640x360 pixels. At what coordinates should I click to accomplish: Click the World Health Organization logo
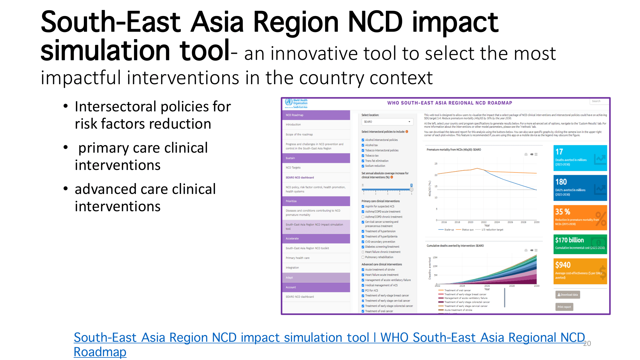tap(296, 103)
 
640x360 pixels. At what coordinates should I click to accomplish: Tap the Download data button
tap(567, 295)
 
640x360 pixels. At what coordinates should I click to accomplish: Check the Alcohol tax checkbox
tap(363, 145)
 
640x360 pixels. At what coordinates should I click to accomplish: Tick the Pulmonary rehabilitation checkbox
tap(363, 257)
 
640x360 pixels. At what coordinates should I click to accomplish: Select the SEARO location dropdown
tap(387, 122)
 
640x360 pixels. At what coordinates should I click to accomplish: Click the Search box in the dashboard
tap(599, 101)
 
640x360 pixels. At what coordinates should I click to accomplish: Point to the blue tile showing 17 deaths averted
tap(580, 158)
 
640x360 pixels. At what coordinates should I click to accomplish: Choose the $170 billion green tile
tap(580, 244)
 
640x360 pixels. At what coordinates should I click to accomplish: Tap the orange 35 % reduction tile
tap(580, 218)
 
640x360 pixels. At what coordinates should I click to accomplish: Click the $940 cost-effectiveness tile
tap(580, 271)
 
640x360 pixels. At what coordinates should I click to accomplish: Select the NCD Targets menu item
tap(293, 168)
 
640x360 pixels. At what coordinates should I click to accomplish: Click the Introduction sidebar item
tap(293, 124)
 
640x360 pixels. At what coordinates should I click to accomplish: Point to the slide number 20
tap(587, 344)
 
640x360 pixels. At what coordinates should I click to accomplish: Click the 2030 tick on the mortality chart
tap(537, 222)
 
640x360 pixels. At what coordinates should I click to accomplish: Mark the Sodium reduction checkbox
tap(363, 166)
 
